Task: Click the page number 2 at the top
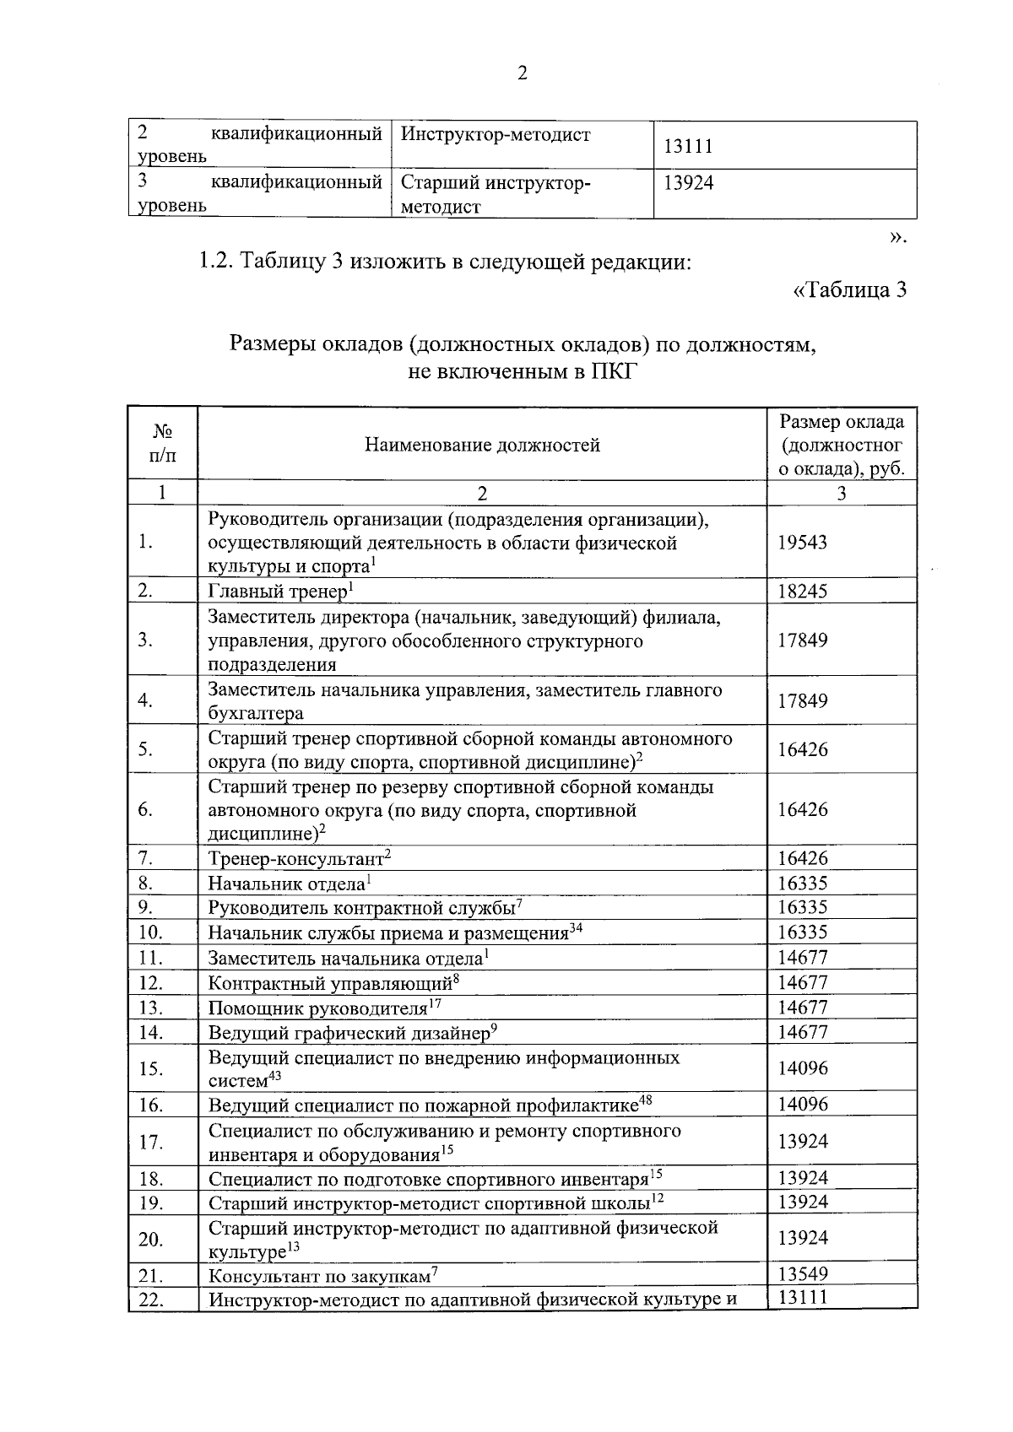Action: click(522, 74)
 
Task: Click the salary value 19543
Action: click(802, 542)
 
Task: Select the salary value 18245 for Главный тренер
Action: click(802, 591)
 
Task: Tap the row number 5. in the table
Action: click(145, 749)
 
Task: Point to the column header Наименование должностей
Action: click(482, 445)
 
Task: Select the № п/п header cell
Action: click(162, 444)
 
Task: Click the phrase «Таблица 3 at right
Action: click(849, 290)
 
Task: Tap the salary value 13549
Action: click(802, 1274)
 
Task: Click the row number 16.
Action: click(149, 1105)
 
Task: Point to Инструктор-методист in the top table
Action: click(496, 135)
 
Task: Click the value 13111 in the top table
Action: click(687, 146)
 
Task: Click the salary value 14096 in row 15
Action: click(802, 1068)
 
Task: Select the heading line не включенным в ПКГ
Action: click(520, 371)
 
